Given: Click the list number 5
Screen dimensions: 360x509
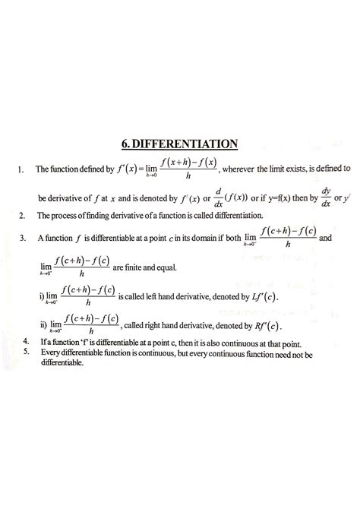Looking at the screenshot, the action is click(x=27, y=352).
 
